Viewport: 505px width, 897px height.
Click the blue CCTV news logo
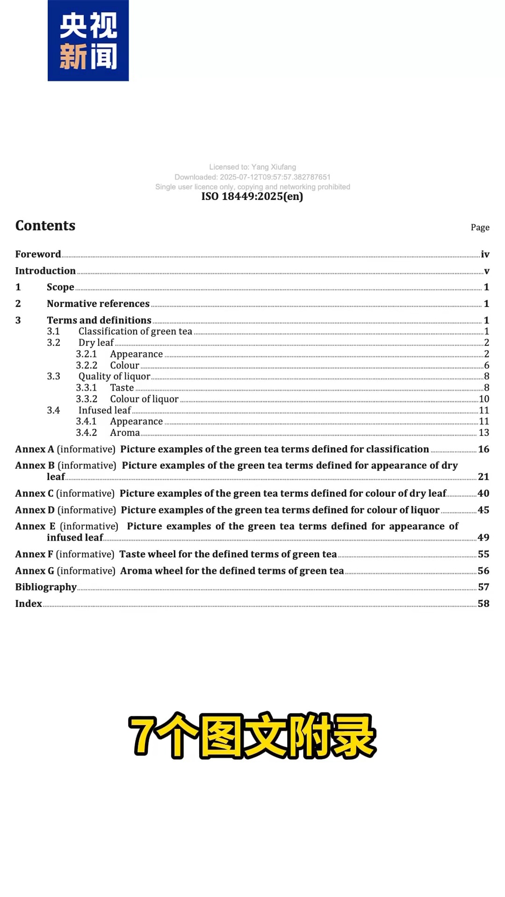click(x=88, y=41)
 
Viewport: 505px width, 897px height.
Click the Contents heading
click(x=45, y=226)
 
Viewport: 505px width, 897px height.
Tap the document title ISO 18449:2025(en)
click(x=252, y=196)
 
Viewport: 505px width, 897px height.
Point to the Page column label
click(x=480, y=228)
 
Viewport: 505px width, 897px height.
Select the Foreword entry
click(x=38, y=254)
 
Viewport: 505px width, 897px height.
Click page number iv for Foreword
click(x=485, y=254)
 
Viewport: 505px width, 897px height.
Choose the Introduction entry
click(x=45, y=271)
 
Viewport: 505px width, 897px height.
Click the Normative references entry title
click(x=98, y=304)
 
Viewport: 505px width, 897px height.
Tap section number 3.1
click(x=53, y=331)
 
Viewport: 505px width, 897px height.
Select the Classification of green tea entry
click(x=135, y=331)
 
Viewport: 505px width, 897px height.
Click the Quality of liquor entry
click(x=114, y=376)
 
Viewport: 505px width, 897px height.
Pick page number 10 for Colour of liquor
click(x=484, y=399)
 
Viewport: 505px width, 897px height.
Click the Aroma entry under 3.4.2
click(x=125, y=433)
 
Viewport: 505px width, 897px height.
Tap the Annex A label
click(x=35, y=449)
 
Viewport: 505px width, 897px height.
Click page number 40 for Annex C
click(x=483, y=493)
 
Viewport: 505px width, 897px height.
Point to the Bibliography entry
click(x=46, y=587)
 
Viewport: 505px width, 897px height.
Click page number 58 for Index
click(x=483, y=604)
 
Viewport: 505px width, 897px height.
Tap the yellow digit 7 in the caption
click(x=142, y=736)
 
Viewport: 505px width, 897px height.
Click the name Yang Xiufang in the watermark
click(x=274, y=167)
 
